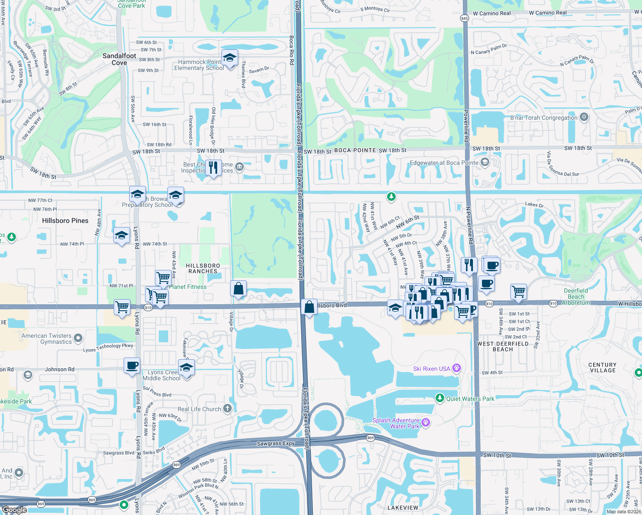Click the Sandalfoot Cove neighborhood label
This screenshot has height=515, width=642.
pyautogui.click(x=119, y=59)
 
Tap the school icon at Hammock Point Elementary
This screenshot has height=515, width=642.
pyautogui.click(x=230, y=58)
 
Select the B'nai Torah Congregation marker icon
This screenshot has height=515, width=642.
pyautogui.click(x=584, y=117)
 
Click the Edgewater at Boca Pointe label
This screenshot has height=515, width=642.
pyautogui.click(x=444, y=163)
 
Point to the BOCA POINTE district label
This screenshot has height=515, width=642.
pyautogui.click(x=355, y=150)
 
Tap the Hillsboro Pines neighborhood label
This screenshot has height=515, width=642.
pyautogui.click(x=65, y=221)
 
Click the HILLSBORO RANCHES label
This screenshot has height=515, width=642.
pyautogui.click(x=203, y=268)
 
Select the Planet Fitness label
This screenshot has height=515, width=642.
pyautogui.click(x=188, y=287)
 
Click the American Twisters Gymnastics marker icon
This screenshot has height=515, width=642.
pyautogui.click(x=78, y=338)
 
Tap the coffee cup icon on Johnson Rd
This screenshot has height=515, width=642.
pyautogui.click(x=132, y=366)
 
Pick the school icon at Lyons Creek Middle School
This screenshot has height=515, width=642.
pyautogui.click(x=186, y=368)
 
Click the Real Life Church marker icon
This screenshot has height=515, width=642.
pyautogui.click(x=227, y=409)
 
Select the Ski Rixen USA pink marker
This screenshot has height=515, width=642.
pyautogui.click(x=457, y=368)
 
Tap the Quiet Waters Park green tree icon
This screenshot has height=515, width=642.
pyautogui.click(x=439, y=398)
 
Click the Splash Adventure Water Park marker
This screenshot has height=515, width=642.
pyautogui.click(x=426, y=422)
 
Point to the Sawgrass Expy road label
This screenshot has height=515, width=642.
pyautogui.click(x=276, y=443)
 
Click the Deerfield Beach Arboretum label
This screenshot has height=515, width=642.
pyautogui.click(x=576, y=297)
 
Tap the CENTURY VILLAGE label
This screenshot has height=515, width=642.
pyautogui.click(x=603, y=367)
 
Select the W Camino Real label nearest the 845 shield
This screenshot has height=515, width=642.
pyautogui.click(x=492, y=13)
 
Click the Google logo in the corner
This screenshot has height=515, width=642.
pyautogui.click(x=15, y=509)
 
